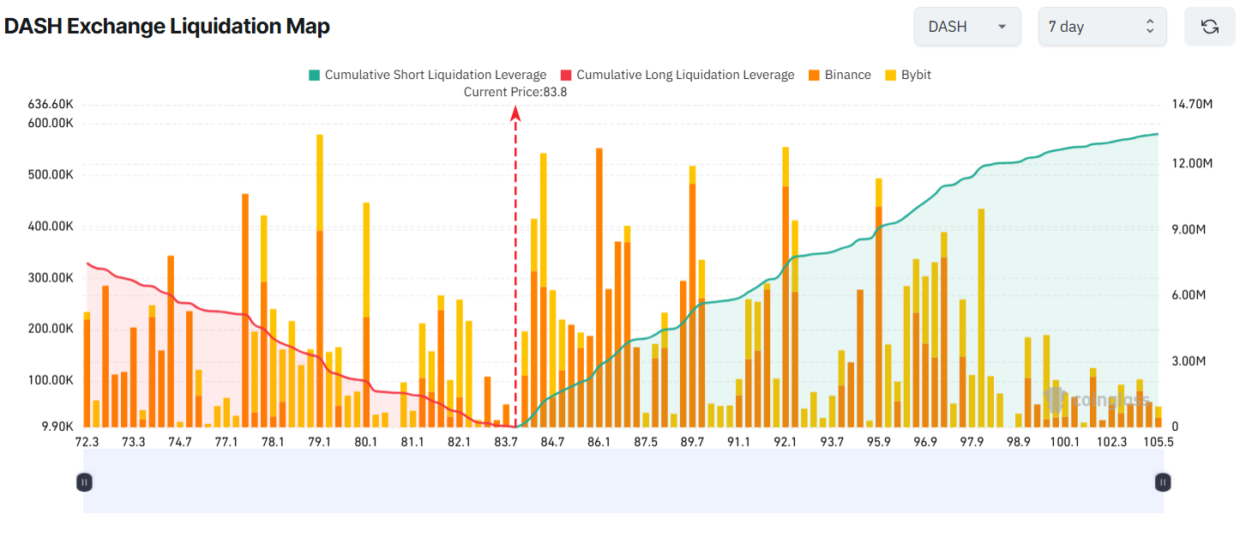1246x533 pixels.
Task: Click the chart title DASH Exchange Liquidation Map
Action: (167, 27)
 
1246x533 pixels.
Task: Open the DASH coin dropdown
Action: (966, 27)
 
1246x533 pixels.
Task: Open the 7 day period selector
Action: (1101, 27)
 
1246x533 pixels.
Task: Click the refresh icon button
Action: (1209, 27)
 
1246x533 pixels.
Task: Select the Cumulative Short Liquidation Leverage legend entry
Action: (427, 75)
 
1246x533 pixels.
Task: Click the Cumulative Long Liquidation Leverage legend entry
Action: (677, 75)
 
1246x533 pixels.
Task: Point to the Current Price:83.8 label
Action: (515, 92)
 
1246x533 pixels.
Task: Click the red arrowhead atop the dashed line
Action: (515, 112)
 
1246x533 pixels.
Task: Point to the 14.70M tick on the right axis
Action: (1191, 104)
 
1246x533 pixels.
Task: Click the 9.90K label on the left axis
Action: (56, 427)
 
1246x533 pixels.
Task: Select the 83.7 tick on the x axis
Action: (506, 442)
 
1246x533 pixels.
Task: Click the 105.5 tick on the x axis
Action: (1159, 442)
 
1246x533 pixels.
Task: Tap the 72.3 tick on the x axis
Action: (87, 442)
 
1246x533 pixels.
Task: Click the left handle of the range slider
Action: (84, 482)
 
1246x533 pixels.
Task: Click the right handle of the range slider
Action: (1162, 482)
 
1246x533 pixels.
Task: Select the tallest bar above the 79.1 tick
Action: (320, 283)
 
